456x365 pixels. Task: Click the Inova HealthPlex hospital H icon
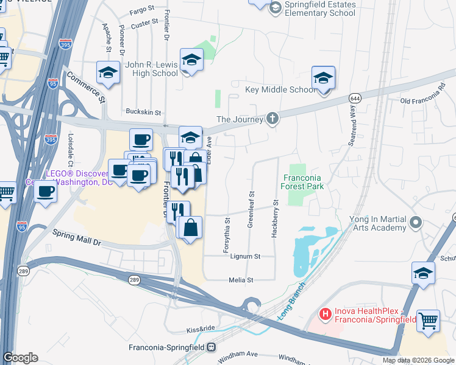click(x=326, y=314)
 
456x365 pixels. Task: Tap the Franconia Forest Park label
click(x=302, y=182)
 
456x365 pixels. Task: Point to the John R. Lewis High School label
click(x=151, y=69)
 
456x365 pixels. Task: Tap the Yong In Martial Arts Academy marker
click(x=416, y=222)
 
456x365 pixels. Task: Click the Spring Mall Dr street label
click(x=76, y=237)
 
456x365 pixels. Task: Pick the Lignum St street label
click(x=245, y=256)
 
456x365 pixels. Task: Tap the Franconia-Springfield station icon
click(x=212, y=347)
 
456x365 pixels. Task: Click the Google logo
click(x=20, y=358)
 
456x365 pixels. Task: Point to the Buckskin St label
click(x=143, y=112)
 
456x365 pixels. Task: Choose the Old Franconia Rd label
click(x=422, y=99)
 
